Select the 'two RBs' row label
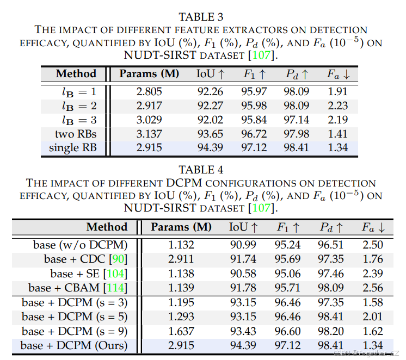tap(76, 134)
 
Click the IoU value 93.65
tap(210, 134)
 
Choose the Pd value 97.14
tap(297, 120)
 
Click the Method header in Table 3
tap(76, 74)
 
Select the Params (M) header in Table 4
tap(181, 227)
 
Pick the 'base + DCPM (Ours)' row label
tap(74, 345)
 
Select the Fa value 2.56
tap(372, 288)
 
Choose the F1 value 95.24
tap(288, 245)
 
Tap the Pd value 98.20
tap(331, 331)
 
